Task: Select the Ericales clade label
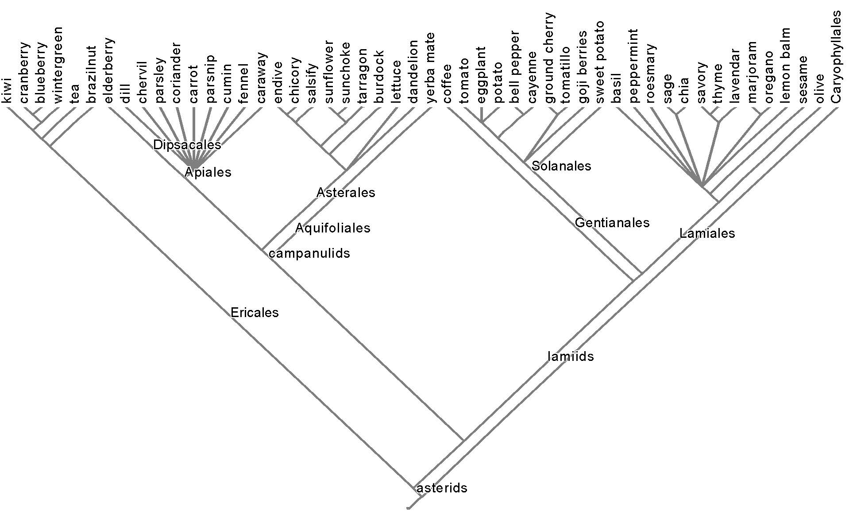coord(255,313)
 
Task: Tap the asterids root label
coord(442,488)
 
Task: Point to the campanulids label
coord(309,253)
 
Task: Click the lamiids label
coord(570,356)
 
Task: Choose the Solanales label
coord(561,166)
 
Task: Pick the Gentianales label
coord(612,222)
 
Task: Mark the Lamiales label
coord(707,233)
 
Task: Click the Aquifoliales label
coord(332,228)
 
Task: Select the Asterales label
coord(346,193)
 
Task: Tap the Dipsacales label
coord(187,145)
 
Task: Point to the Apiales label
coord(208,172)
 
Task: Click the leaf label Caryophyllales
coord(835,58)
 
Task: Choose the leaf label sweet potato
coord(600,62)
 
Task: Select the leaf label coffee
coord(447,84)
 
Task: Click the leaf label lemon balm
coord(785,67)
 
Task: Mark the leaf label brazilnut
coord(92,75)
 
